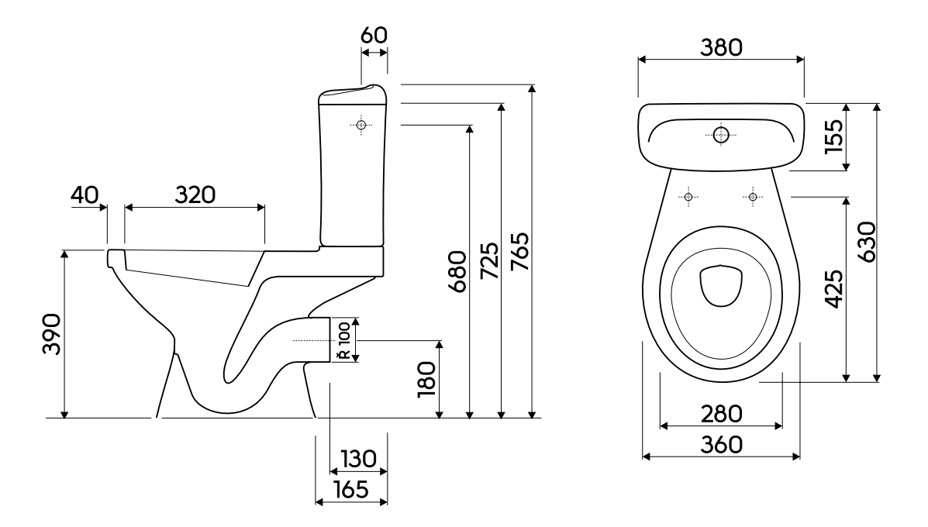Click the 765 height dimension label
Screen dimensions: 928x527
(x=519, y=252)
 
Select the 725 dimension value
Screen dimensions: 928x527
(x=489, y=261)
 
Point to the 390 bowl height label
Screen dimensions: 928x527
(x=51, y=334)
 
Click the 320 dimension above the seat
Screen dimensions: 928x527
(x=195, y=195)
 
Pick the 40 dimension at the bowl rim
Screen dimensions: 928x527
(x=85, y=195)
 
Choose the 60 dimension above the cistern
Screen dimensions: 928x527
(x=374, y=36)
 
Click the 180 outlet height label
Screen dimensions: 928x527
(x=426, y=379)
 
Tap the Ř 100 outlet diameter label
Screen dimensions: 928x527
(x=343, y=340)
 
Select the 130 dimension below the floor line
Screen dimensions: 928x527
(x=359, y=458)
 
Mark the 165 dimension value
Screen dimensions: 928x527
(x=351, y=489)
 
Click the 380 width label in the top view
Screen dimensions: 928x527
(x=722, y=47)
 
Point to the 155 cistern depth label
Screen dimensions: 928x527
(x=834, y=136)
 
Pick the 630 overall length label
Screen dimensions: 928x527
(x=866, y=242)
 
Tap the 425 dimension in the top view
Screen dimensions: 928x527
(x=834, y=288)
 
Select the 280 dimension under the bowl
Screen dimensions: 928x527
(x=722, y=414)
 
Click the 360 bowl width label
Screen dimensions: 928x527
(x=722, y=444)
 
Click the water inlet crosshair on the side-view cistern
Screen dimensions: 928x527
(x=361, y=125)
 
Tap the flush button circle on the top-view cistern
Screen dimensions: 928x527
(x=721, y=135)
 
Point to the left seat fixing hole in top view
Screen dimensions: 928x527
(x=688, y=196)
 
